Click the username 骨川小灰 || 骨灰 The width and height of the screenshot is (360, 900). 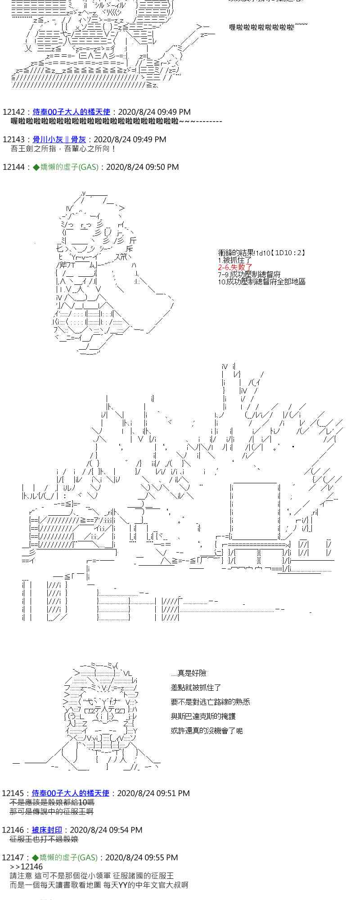click(59, 139)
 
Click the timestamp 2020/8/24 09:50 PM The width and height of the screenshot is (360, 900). click(142, 167)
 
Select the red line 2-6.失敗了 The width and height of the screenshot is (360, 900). click(235, 267)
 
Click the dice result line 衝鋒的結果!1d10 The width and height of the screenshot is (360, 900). click(261, 253)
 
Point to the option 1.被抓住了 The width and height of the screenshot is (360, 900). click(234, 260)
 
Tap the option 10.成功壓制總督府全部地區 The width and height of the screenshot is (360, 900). click(261, 282)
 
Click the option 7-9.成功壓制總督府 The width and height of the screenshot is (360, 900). click(249, 274)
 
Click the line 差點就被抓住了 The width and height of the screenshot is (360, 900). click(196, 688)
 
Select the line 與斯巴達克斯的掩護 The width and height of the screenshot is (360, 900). click(203, 716)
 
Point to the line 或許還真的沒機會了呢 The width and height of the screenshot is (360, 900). click(207, 731)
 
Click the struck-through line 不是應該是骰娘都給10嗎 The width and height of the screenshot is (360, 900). click(52, 802)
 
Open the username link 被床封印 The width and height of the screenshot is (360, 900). click(47, 830)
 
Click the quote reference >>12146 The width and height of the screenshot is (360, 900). click(26, 867)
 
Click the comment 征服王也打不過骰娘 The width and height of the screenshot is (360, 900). click(44, 839)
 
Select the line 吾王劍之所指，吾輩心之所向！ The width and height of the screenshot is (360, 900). click(63, 148)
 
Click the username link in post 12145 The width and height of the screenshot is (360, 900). click(71, 793)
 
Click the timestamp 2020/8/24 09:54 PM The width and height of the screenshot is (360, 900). click(106, 830)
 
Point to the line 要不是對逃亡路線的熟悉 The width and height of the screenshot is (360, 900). click(210, 702)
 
